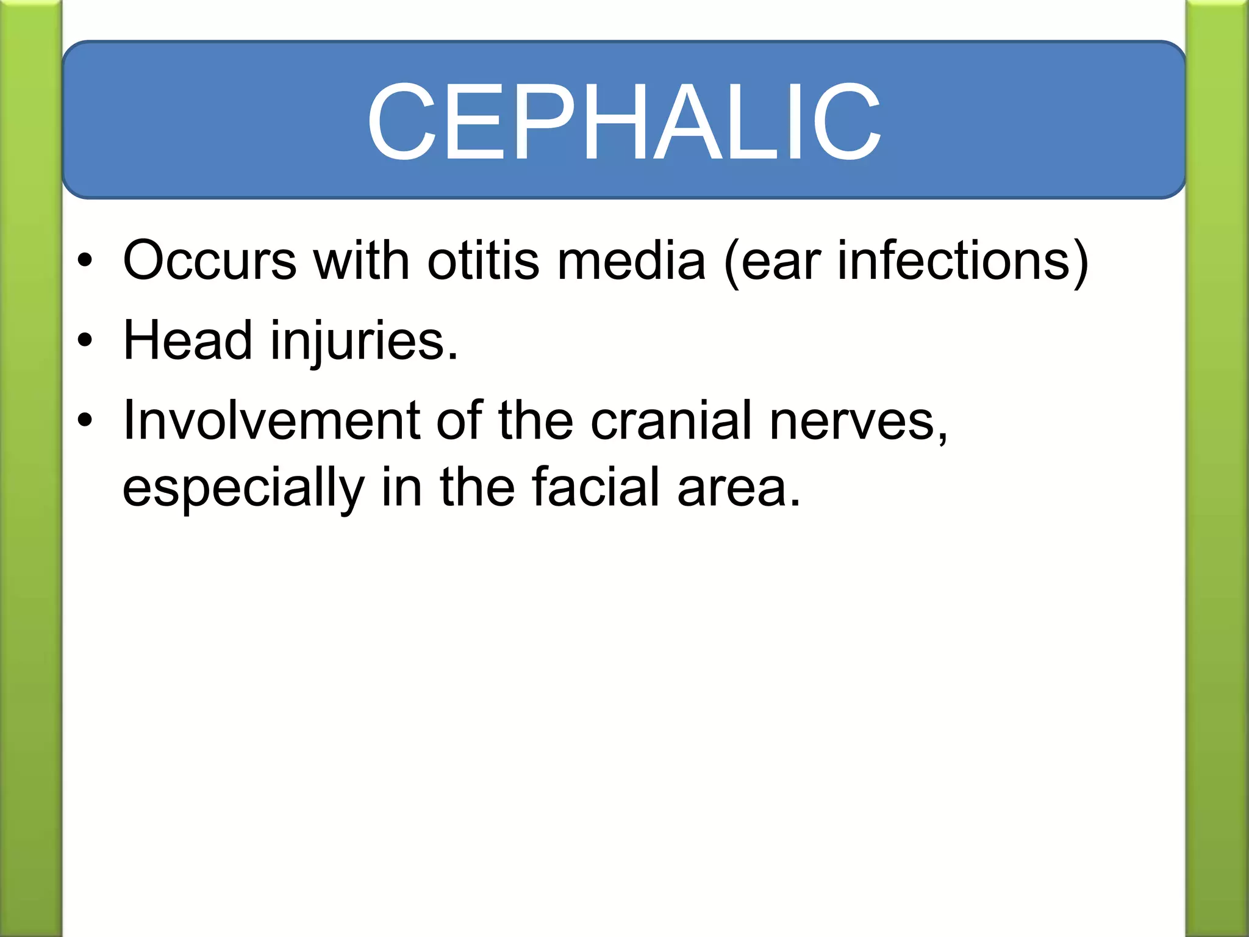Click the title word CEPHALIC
(x=623, y=122)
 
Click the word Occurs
(x=209, y=261)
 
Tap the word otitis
(x=483, y=261)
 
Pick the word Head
(x=187, y=340)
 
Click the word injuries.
(x=363, y=342)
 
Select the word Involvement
(x=271, y=420)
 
